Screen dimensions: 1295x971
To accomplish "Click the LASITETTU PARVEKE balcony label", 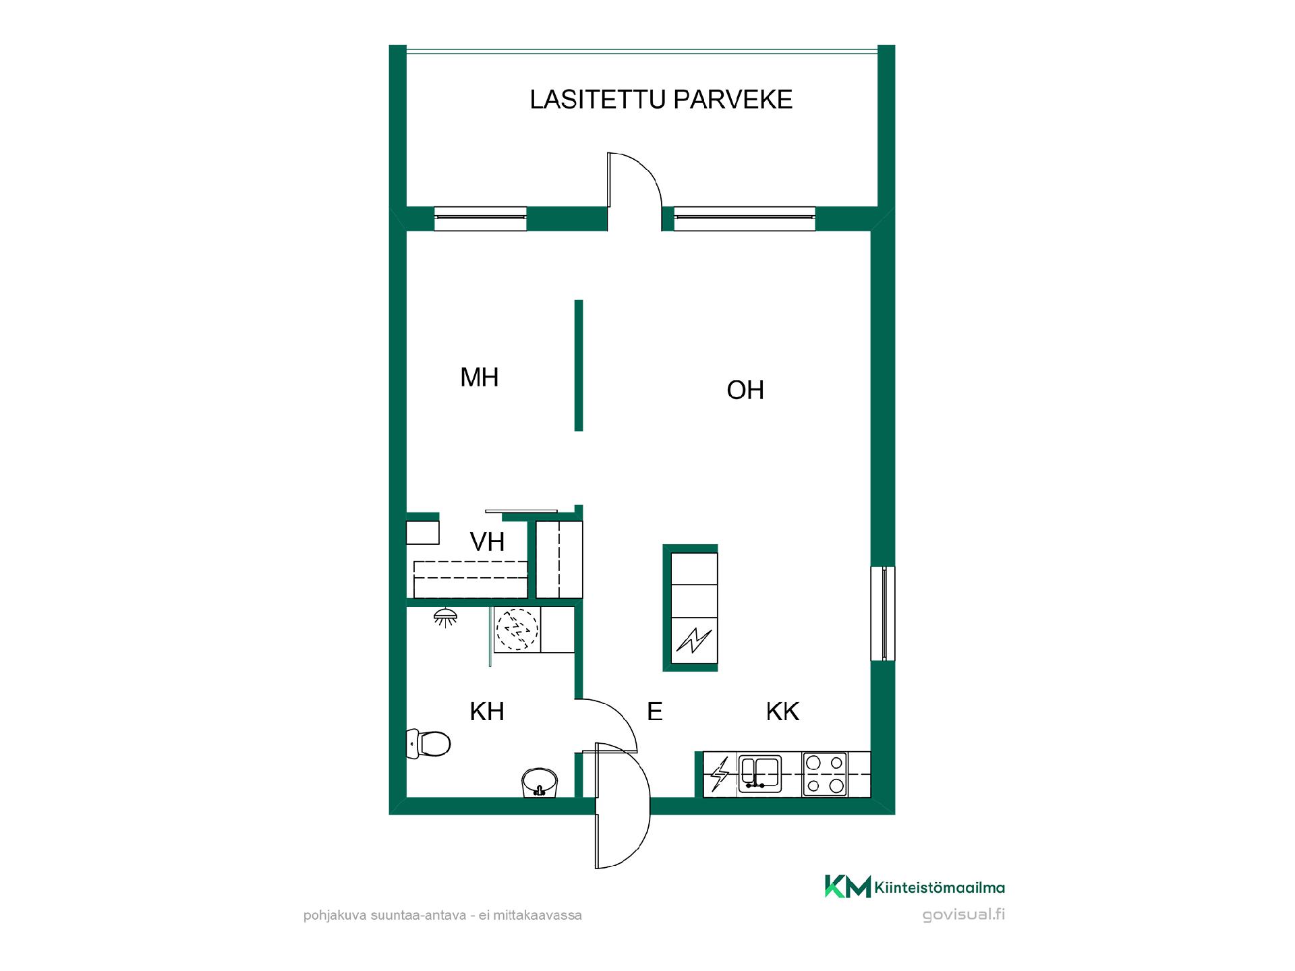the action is pos(660,99).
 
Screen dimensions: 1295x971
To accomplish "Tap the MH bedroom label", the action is pos(479,378).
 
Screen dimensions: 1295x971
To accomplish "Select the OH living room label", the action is pos(745,390).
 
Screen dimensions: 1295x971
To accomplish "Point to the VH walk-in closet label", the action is pos(487,542).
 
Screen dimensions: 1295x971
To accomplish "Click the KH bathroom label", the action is pos(487,711).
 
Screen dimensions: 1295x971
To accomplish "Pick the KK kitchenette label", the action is pos(782,711).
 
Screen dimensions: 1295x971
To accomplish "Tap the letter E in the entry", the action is pos(654,711).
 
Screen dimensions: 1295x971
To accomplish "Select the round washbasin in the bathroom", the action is pos(540,782).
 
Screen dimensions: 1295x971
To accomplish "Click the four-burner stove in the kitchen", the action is pos(825,774).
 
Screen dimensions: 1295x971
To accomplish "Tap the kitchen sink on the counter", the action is pos(759,773).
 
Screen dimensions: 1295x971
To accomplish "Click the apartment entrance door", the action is pos(623,805).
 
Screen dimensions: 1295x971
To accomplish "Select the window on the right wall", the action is pos(883,614).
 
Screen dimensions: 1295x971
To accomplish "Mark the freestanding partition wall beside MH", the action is pos(579,365).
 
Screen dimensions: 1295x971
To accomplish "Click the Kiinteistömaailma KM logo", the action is pos(915,887).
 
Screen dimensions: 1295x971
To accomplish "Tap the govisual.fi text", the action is pos(963,915).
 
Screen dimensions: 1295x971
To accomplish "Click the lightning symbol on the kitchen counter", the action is pos(720,774).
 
